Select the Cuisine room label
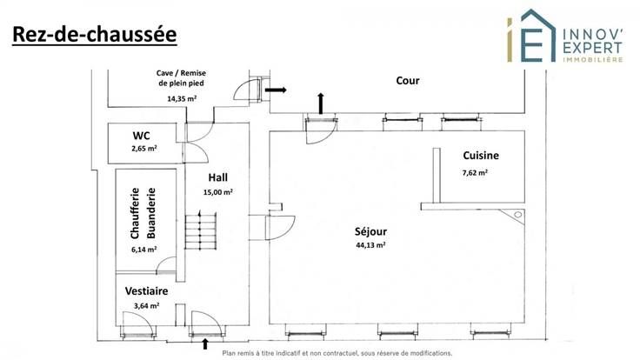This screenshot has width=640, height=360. (x=481, y=156)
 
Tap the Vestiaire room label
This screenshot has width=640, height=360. (x=145, y=291)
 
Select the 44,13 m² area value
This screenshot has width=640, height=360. (x=370, y=245)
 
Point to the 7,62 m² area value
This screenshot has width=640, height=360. (x=475, y=172)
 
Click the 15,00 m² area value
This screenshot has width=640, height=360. (x=217, y=192)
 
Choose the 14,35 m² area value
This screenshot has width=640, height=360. (x=181, y=99)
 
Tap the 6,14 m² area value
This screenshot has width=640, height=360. (x=143, y=250)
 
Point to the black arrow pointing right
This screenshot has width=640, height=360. (x=276, y=89)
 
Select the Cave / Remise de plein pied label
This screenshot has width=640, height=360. (x=181, y=78)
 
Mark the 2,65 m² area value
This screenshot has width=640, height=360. (x=144, y=150)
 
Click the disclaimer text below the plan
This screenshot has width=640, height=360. (x=337, y=354)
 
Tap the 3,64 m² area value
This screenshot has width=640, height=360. (x=144, y=306)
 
